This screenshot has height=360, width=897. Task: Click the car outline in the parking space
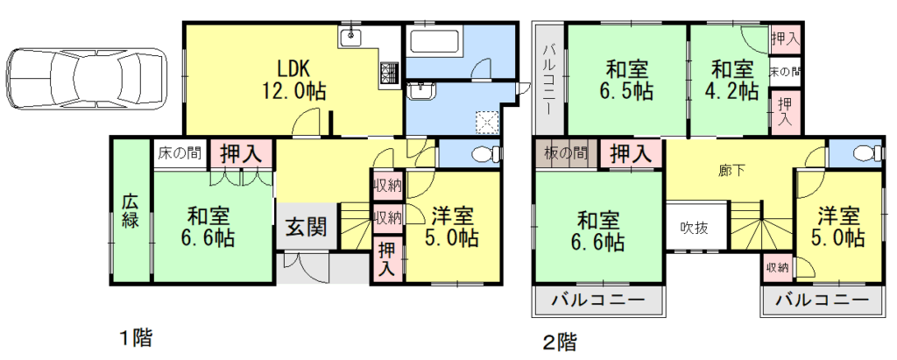pos(85,79)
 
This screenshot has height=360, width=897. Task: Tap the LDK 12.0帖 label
pos(294,78)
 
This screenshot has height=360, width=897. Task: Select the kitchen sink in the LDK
pos(355,37)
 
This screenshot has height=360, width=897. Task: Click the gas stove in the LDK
pos(389,74)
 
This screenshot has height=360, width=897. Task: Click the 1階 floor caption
pos(138,335)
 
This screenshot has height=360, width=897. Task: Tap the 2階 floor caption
pos(561,340)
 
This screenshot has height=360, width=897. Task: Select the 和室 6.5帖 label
pos(627,78)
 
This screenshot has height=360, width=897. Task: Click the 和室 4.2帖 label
pos(732,78)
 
